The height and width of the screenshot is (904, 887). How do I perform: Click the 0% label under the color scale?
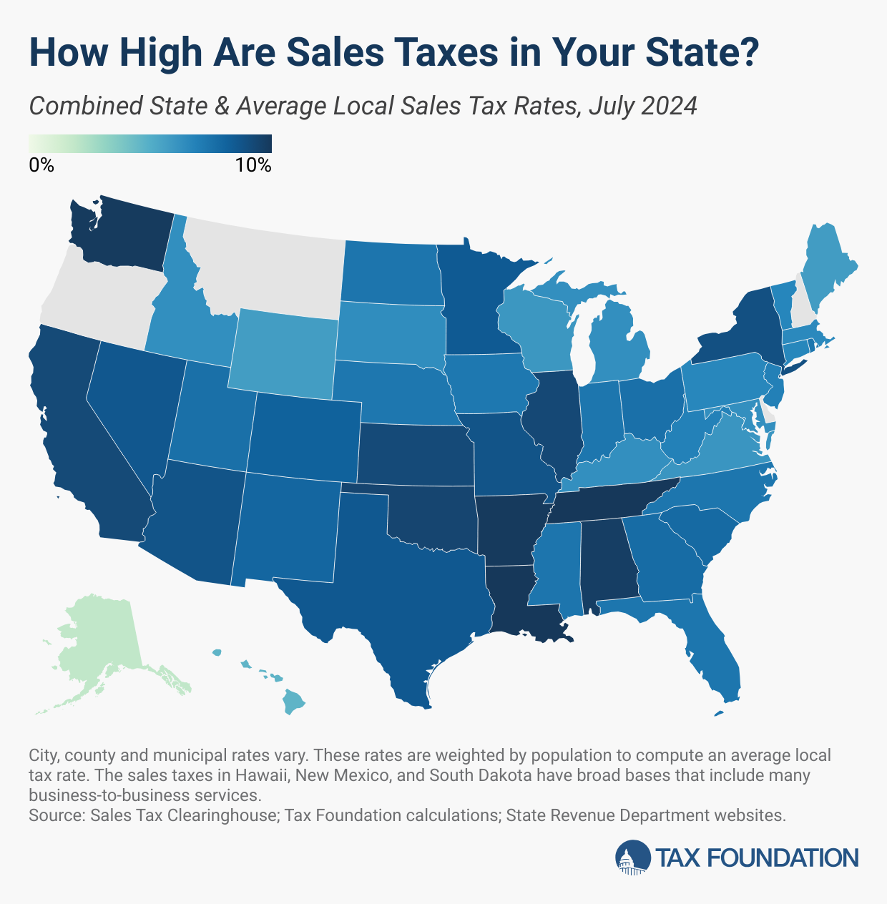click(41, 165)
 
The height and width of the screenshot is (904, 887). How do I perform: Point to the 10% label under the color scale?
click(253, 165)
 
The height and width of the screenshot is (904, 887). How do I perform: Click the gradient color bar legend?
click(150, 144)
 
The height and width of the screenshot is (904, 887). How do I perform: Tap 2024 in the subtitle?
click(669, 107)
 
